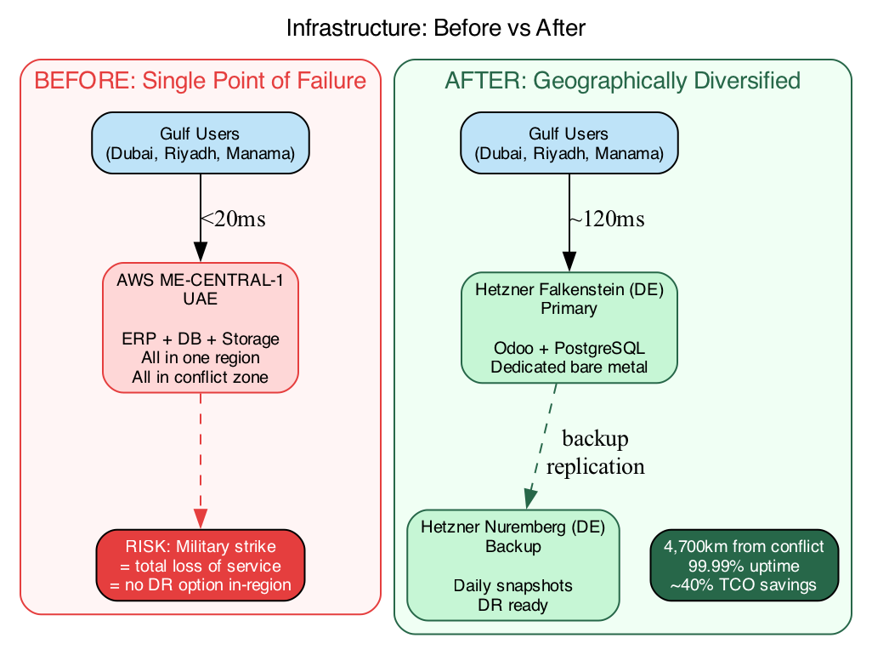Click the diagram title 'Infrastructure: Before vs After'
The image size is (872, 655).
tap(436, 28)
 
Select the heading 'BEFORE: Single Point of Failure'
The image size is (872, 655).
tap(200, 82)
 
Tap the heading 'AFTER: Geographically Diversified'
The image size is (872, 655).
tap(622, 82)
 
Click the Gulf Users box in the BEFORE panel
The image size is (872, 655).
tap(200, 143)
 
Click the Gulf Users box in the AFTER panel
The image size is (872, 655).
tap(568, 143)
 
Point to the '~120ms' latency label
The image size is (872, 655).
tap(606, 219)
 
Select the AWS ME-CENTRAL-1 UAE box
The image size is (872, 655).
tap(200, 328)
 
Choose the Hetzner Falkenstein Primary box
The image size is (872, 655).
tap(568, 328)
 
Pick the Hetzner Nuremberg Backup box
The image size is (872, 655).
tap(512, 566)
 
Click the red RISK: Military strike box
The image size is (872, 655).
tap(200, 565)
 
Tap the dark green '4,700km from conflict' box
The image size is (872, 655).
tap(744, 565)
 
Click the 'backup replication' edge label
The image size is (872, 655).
tap(595, 453)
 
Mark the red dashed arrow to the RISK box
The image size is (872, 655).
tap(200, 459)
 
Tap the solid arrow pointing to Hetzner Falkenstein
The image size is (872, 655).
tap(568, 221)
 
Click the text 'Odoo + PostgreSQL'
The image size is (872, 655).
tap(568, 349)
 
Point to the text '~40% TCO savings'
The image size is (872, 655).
tap(744, 585)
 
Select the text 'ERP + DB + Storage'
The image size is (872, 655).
tap(200, 339)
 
